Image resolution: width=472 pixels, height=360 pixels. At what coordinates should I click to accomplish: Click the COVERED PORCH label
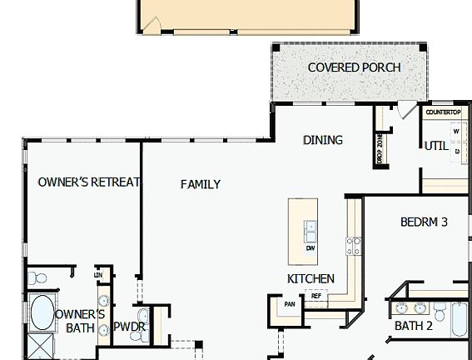pyautogui.click(x=354, y=67)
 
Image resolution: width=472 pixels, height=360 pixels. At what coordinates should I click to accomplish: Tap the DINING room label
pyautogui.click(x=322, y=140)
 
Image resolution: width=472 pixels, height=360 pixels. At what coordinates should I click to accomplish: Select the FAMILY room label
pyautogui.click(x=201, y=184)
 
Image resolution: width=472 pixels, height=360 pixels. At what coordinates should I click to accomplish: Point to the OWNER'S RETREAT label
pyautogui.click(x=89, y=182)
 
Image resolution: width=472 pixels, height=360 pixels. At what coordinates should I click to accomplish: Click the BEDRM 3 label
pyautogui.click(x=424, y=222)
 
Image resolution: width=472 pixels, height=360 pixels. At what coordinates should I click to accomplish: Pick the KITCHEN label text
pyautogui.click(x=311, y=278)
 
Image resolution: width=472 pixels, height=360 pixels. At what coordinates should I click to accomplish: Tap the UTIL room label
pyautogui.click(x=436, y=146)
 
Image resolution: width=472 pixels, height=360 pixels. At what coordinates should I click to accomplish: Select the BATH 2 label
pyautogui.click(x=413, y=326)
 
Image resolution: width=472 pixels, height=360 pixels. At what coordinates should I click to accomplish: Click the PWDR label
pyautogui.click(x=130, y=327)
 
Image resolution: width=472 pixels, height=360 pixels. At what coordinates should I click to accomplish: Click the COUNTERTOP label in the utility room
pyautogui.click(x=444, y=112)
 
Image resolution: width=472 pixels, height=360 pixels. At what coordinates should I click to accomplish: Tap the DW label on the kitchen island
pyautogui.click(x=311, y=248)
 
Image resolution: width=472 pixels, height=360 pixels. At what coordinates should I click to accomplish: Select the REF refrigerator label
pyautogui.click(x=316, y=296)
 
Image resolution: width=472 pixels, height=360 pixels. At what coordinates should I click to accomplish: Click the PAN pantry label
pyautogui.click(x=289, y=304)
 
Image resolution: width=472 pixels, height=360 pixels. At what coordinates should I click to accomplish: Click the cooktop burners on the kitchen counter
pyautogui.click(x=354, y=246)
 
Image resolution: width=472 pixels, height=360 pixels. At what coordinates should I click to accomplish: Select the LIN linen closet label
pyautogui.click(x=98, y=274)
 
